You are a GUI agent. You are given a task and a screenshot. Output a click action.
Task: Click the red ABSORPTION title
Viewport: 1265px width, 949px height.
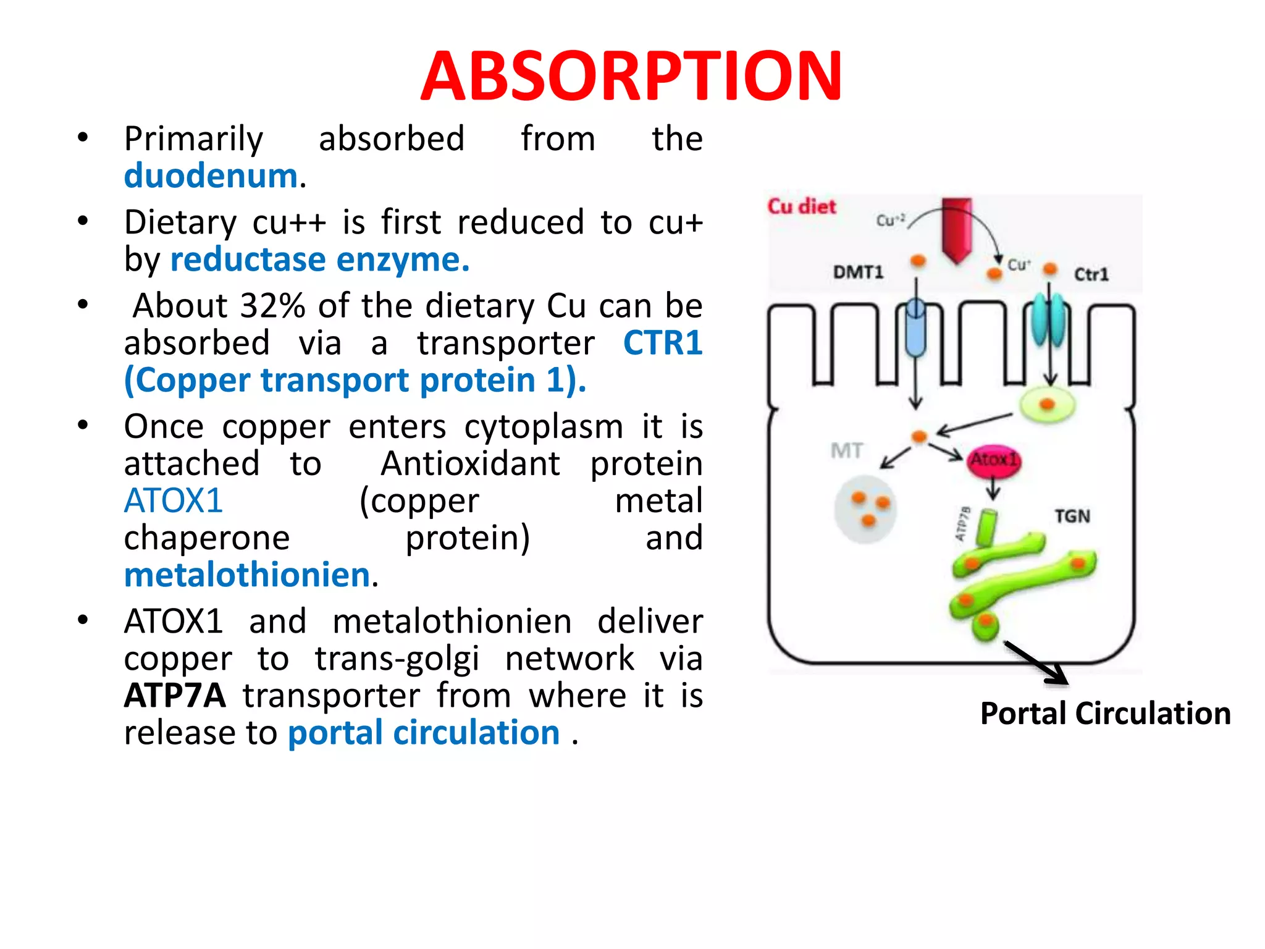click(631, 77)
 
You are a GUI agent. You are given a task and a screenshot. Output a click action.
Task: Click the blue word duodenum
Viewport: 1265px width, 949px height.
click(211, 176)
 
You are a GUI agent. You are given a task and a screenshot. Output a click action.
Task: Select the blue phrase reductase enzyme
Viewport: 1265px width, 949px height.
click(319, 259)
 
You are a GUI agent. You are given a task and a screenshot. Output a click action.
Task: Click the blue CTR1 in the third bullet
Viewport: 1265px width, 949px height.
click(663, 343)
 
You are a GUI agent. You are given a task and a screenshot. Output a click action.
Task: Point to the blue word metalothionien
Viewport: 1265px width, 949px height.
click(247, 575)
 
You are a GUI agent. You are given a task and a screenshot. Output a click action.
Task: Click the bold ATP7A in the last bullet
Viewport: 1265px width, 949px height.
click(175, 696)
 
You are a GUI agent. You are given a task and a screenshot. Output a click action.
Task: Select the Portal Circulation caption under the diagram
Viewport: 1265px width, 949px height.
click(1105, 714)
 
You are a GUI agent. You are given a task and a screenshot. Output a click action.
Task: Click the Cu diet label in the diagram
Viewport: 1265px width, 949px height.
click(801, 206)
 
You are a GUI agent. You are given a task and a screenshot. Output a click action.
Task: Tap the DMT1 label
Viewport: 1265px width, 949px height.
click(858, 272)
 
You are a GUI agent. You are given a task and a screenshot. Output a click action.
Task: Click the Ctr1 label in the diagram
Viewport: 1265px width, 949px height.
click(1091, 274)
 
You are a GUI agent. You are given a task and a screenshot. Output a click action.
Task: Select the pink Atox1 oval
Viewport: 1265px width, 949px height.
click(993, 460)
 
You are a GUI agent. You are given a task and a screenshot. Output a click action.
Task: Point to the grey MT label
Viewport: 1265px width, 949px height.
click(846, 451)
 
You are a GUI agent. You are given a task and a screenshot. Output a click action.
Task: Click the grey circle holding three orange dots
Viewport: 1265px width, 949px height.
click(865, 509)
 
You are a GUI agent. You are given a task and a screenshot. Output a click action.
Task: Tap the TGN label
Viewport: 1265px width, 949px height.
click(1072, 516)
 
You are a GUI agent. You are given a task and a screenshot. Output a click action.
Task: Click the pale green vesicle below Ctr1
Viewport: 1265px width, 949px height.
click(1047, 405)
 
